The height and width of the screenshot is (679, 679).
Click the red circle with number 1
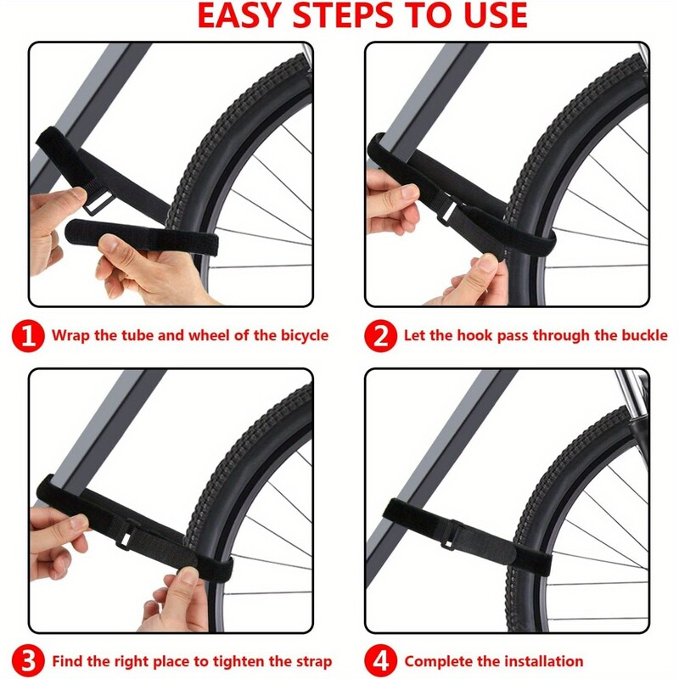point(28,335)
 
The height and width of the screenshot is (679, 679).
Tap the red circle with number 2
point(380,335)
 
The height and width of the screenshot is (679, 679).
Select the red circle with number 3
point(28,661)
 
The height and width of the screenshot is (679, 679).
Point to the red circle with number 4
point(380,661)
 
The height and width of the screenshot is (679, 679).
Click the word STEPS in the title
point(345,15)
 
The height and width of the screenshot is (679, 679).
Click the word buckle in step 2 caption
point(645,335)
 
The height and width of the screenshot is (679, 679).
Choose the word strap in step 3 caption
point(314,662)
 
